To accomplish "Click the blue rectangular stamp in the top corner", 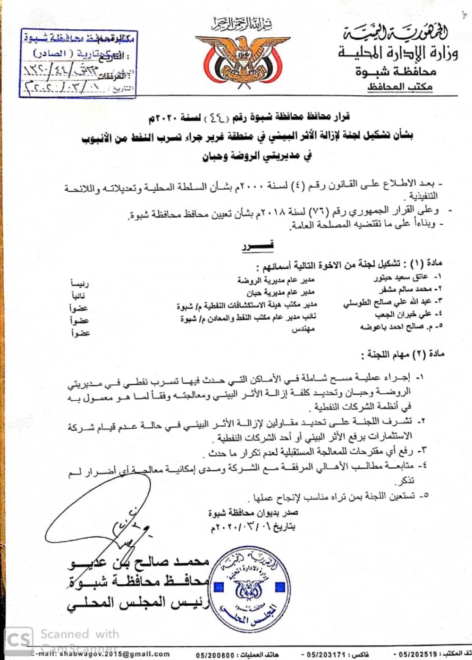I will (x=78, y=63).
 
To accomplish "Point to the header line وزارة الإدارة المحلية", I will (x=398, y=53).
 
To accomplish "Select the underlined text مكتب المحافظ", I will (x=400, y=87).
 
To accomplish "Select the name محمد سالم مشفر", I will (x=405, y=289).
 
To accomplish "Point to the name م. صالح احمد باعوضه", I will (x=401, y=327).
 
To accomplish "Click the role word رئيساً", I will (x=80, y=283).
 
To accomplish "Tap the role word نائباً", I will (x=78, y=296).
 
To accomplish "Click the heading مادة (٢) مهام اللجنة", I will (x=403, y=354).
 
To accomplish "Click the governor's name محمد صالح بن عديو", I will (x=139, y=562).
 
